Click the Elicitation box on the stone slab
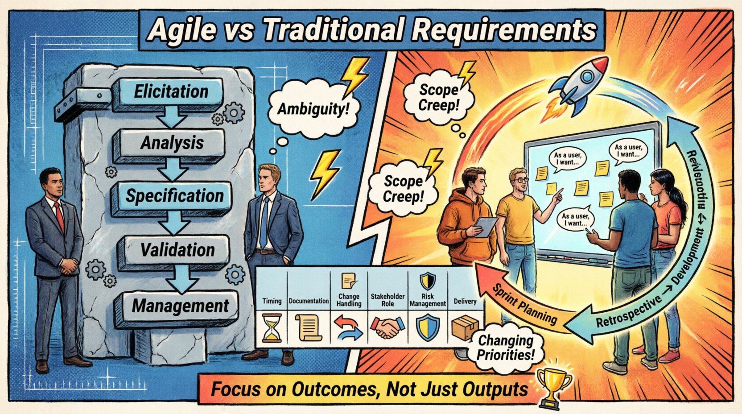tap(171, 92)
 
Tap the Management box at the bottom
tap(180, 306)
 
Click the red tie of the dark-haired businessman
tap(59, 216)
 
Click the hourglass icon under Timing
tap(272, 327)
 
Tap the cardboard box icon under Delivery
tap(465, 327)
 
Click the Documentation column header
tap(309, 301)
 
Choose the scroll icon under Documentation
tap(308, 328)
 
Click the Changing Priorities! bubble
tap(506, 348)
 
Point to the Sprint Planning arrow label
tap(524, 304)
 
